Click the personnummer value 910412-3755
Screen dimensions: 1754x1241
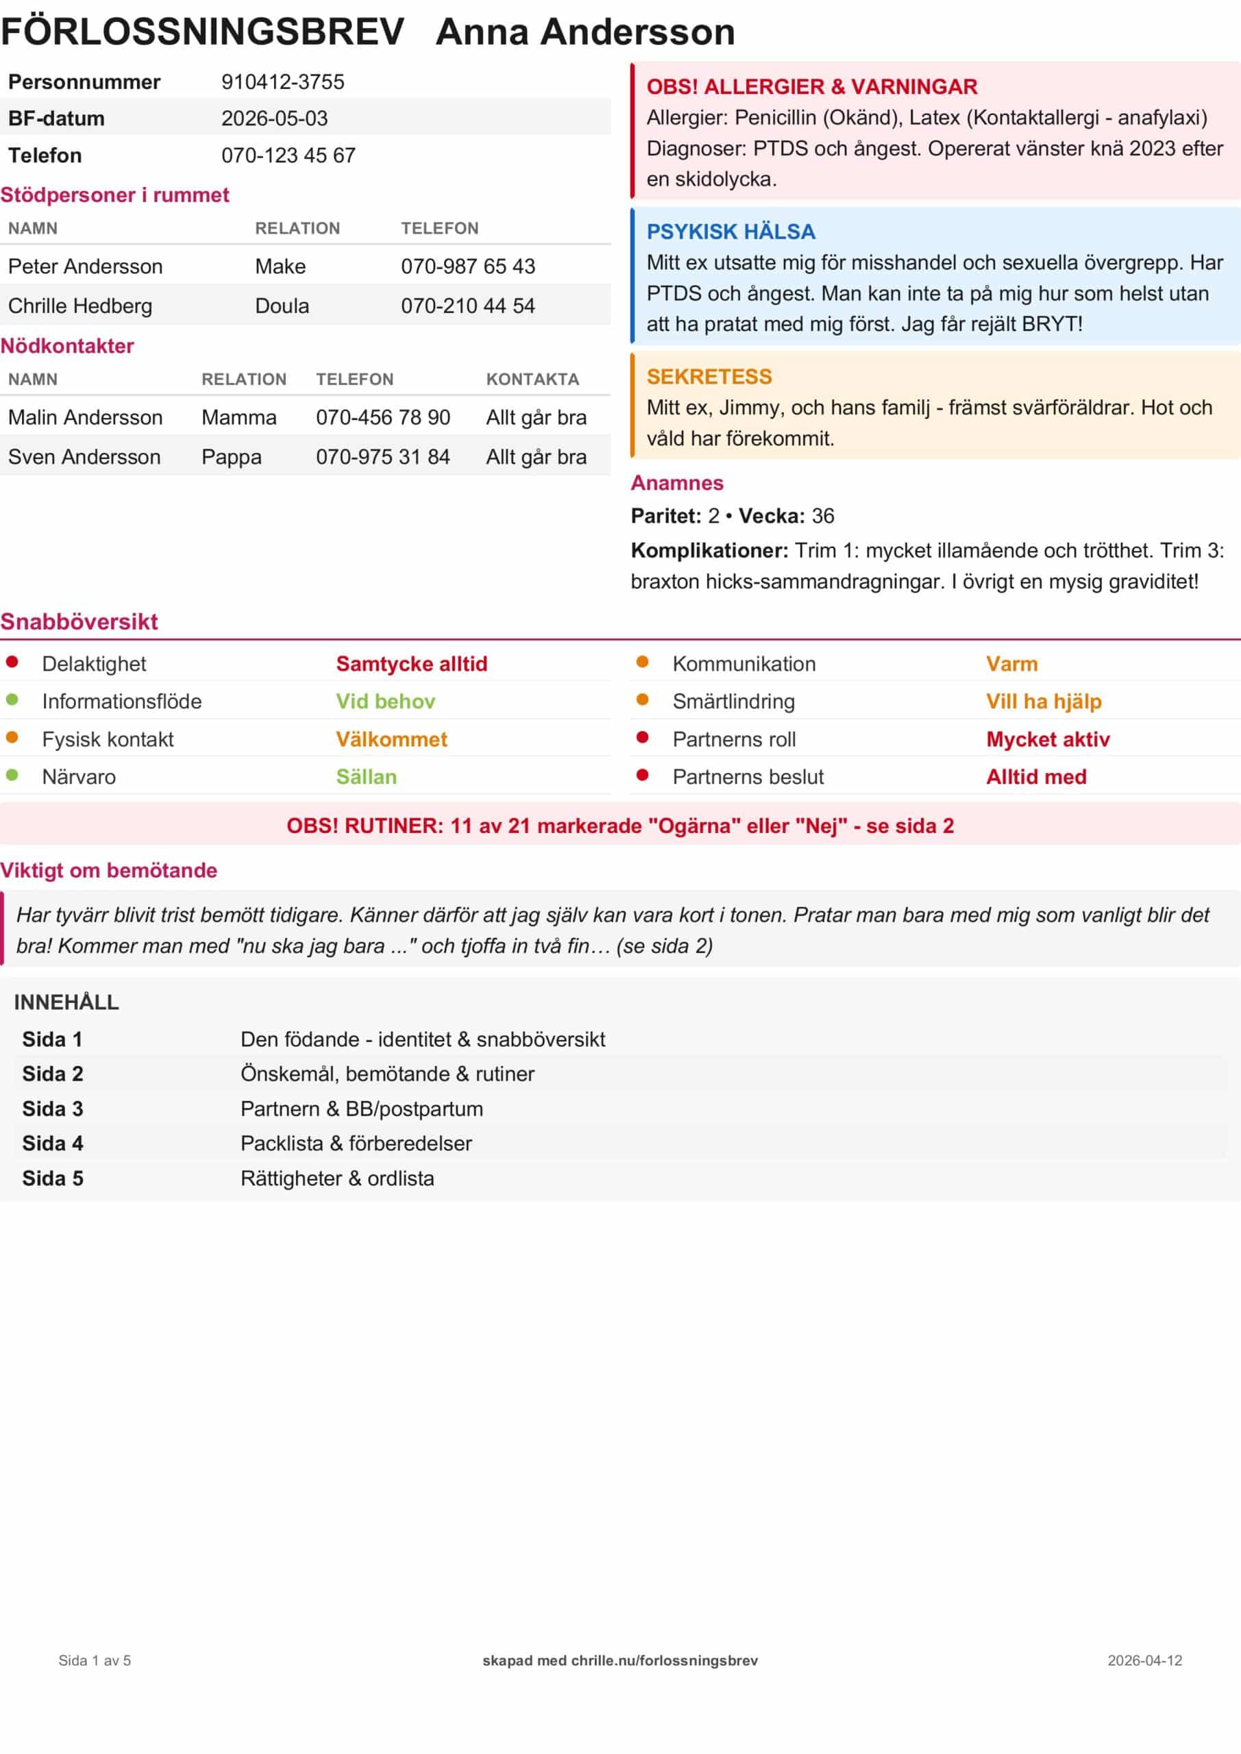tap(283, 82)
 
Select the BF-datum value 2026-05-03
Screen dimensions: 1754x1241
tap(274, 119)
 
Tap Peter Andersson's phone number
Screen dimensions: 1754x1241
tap(467, 266)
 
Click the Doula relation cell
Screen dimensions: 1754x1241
tap(282, 306)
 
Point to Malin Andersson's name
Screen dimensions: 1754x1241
tap(85, 417)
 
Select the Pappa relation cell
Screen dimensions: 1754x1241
tap(231, 457)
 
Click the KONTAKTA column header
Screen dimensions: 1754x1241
tap(532, 379)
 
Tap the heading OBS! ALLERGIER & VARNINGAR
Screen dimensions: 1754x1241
tap(811, 86)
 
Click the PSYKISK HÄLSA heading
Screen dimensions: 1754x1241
tap(730, 232)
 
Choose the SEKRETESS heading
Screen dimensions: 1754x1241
tap(709, 377)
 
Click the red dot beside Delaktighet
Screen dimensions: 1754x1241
tap(12, 662)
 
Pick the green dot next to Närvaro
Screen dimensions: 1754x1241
tap(12, 775)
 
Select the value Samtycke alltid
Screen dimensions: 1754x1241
tap(411, 664)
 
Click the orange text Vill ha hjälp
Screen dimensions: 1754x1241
tap(1043, 702)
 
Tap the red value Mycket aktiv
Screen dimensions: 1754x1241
tap(1048, 739)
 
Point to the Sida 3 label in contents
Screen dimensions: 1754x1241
tap(52, 1109)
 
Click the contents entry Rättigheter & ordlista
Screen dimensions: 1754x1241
tap(337, 1178)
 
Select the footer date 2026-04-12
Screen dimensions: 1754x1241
tap(1144, 1660)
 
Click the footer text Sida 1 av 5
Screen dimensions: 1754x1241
tap(95, 1660)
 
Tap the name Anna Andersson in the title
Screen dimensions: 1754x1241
tap(585, 32)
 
